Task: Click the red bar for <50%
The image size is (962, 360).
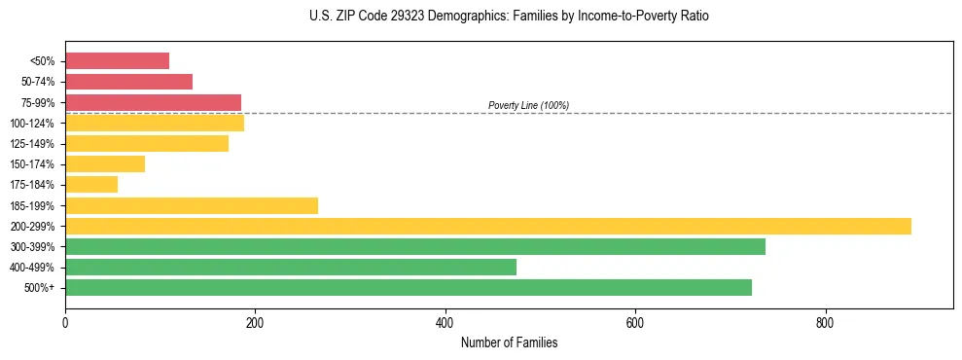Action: coord(117,61)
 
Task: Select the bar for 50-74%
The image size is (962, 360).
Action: coord(128,82)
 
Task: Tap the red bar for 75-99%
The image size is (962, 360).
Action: coord(153,102)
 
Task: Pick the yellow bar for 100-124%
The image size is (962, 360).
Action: coord(155,123)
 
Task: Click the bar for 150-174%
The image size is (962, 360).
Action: coord(105,164)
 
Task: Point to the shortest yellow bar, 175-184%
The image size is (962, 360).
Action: coord(91,185)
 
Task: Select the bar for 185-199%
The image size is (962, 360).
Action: coord(192,205)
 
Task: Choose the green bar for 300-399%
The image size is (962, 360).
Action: coord(415,246)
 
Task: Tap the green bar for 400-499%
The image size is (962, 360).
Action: coord(291,267)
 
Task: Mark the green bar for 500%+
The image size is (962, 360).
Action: coord(409,287)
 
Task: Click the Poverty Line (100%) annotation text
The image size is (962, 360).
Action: coord(528,105)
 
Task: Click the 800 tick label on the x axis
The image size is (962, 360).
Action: coord(825,323)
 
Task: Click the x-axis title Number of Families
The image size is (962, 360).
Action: coord(509,342)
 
